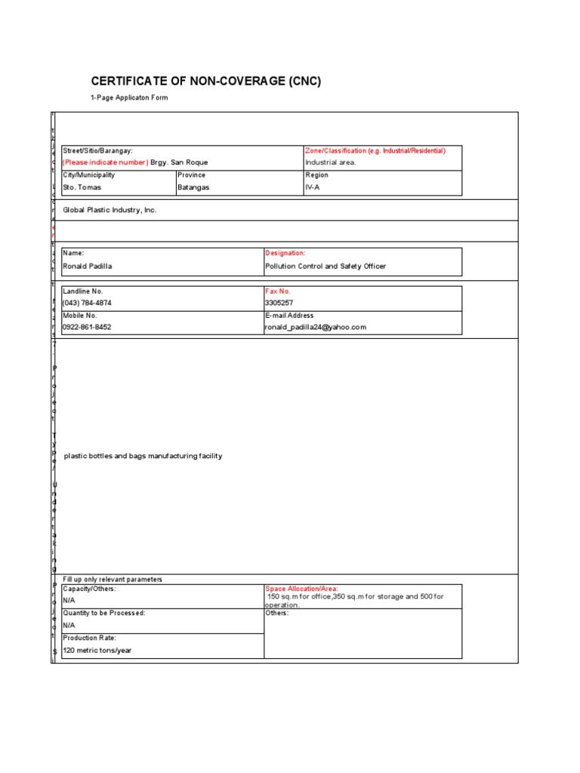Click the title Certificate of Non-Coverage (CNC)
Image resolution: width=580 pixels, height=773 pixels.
tap(206, 82)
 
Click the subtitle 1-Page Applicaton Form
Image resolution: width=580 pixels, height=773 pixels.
tap(129, 98)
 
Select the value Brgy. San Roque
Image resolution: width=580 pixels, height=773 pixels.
tap(179, 162)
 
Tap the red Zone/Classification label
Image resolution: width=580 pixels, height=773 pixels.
tap(375, 151)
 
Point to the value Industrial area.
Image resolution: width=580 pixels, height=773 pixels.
tap(331, 162)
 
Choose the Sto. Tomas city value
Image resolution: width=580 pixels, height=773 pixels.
tap(82, 187)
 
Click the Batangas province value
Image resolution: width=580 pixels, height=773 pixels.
tap(194, 187)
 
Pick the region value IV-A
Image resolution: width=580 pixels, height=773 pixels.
tap(313, 187)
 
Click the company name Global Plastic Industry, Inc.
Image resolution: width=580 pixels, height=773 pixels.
tap(110, 210)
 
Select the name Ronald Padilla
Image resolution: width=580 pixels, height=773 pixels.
tap(88, 266)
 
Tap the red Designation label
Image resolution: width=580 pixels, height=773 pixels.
tap(285, 254)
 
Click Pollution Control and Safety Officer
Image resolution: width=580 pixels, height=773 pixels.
tap(325, 266)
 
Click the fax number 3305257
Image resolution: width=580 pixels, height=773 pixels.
tap(279, 303)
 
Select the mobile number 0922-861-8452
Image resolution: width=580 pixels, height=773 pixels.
tap(87, 328)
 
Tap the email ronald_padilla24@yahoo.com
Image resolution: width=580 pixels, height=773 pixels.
tap(315, 328)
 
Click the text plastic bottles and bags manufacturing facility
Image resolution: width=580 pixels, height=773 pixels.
tap(143, 456)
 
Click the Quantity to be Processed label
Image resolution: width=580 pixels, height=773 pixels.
tap(104, 613)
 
